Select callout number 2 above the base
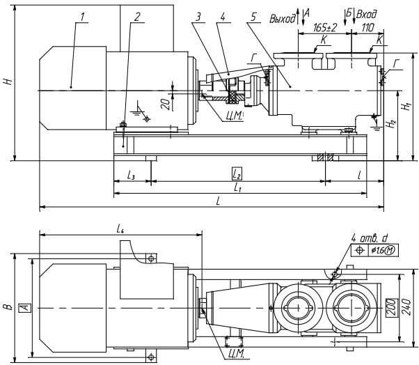click(137, 15)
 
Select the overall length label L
click(219, 201)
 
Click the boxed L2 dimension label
click(237, 172)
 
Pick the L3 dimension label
click(131, 174)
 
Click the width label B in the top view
click(8, 305)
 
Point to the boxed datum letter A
click(24, 306)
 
